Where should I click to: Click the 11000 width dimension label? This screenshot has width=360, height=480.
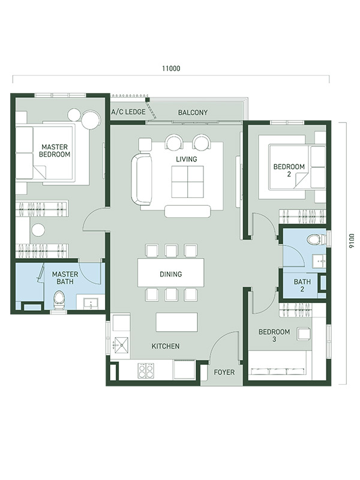pos(171,68)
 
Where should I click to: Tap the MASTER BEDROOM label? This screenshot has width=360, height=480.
pos(55,151)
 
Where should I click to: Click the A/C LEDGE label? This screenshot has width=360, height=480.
pos(128,112)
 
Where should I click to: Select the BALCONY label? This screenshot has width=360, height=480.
pos(193,113)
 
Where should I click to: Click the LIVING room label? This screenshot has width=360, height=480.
pos(187,159)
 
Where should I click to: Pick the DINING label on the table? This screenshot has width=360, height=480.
pos(171,274)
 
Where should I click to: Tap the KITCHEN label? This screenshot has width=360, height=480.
pos(166,346)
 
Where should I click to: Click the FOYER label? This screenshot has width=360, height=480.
pos(224,372)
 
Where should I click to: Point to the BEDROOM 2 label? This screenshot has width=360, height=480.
pos(289,170)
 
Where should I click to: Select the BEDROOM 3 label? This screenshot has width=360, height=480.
pos(274,335)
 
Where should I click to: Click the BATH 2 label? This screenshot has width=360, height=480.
pos(302,286)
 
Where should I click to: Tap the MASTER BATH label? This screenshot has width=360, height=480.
pos(65,278)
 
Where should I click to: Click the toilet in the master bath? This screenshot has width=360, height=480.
pos(59,299)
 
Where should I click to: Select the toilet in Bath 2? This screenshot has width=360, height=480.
pos(316,239)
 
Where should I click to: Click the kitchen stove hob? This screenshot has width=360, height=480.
pos(146,370)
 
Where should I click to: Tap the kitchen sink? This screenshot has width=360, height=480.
pos(121,346)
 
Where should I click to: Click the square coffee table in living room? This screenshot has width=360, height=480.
pos(187,182)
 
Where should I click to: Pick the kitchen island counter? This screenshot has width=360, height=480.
pos(176,322)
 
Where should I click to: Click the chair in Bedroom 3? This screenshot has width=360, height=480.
pos(304,334)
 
